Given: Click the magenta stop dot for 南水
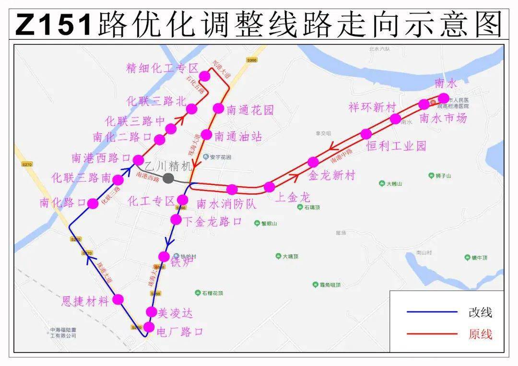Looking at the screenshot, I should point(444,98).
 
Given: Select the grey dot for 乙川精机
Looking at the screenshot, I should point(168,178).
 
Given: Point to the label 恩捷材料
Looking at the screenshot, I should point(86,301).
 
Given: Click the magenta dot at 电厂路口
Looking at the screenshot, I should point(149,328).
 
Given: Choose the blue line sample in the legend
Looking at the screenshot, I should point(432,312).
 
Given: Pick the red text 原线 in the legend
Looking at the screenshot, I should point(480,334).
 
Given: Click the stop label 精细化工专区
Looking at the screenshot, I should point(162,68).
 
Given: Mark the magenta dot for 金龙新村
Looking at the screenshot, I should point(313,162).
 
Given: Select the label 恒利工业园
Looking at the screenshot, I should point(396,146).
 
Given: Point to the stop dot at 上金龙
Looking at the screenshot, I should point(270,187).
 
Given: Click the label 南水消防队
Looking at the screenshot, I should point(226,204).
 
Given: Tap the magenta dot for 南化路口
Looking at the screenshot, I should point(93,203).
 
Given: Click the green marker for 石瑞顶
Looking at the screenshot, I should point(300,207).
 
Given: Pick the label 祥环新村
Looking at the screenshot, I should point(372,107).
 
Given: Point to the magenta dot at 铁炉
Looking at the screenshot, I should point(164,257).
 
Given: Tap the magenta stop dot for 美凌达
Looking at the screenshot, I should point(152,311).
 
